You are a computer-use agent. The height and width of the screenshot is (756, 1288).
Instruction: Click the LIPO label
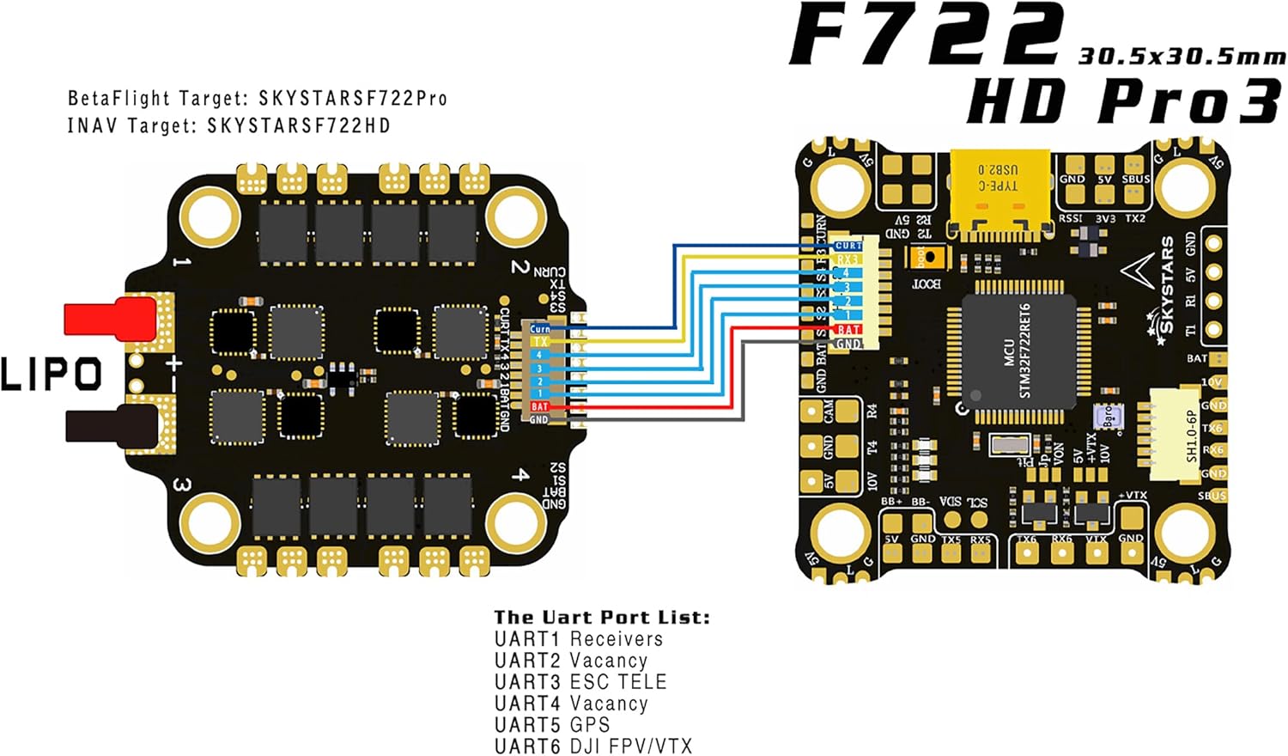click(x=52, y=375)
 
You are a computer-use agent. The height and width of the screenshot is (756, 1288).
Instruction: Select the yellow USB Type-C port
click(x=999, y=192)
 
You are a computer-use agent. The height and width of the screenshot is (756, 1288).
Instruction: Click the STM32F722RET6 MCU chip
click(x=1018, y=350)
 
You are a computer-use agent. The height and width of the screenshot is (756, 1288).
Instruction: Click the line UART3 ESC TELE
click(x=580, y=682)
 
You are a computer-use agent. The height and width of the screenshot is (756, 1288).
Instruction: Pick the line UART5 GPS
click(x=552, y=725)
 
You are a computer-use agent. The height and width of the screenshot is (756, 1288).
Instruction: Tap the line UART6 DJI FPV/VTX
click(x=593, y=747)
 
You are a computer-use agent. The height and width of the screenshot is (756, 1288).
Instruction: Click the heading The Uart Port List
click(x=602, y=617)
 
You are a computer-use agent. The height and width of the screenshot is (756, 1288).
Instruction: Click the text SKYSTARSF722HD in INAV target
click(x=298, y=125)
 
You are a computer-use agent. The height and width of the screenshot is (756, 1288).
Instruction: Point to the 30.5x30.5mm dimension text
click(x=1182, y=57)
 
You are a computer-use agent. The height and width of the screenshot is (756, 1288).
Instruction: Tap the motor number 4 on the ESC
click(x=519, y=474)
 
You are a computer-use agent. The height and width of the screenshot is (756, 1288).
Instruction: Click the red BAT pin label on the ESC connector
click(x=539, y=406)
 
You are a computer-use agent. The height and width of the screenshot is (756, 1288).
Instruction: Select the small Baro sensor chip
click(x=1104, y=416)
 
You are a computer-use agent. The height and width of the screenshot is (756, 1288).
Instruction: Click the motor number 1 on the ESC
click(x=181, y=261)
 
